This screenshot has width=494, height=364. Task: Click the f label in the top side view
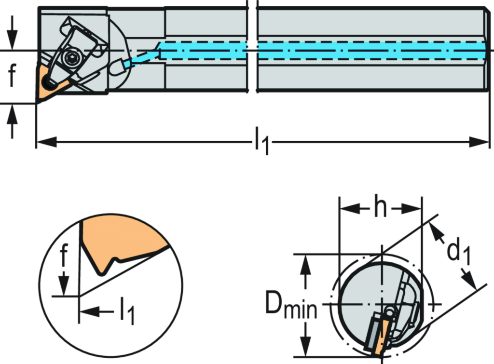(x=13, y=75)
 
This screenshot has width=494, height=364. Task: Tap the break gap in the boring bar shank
(x=252, y=48)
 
